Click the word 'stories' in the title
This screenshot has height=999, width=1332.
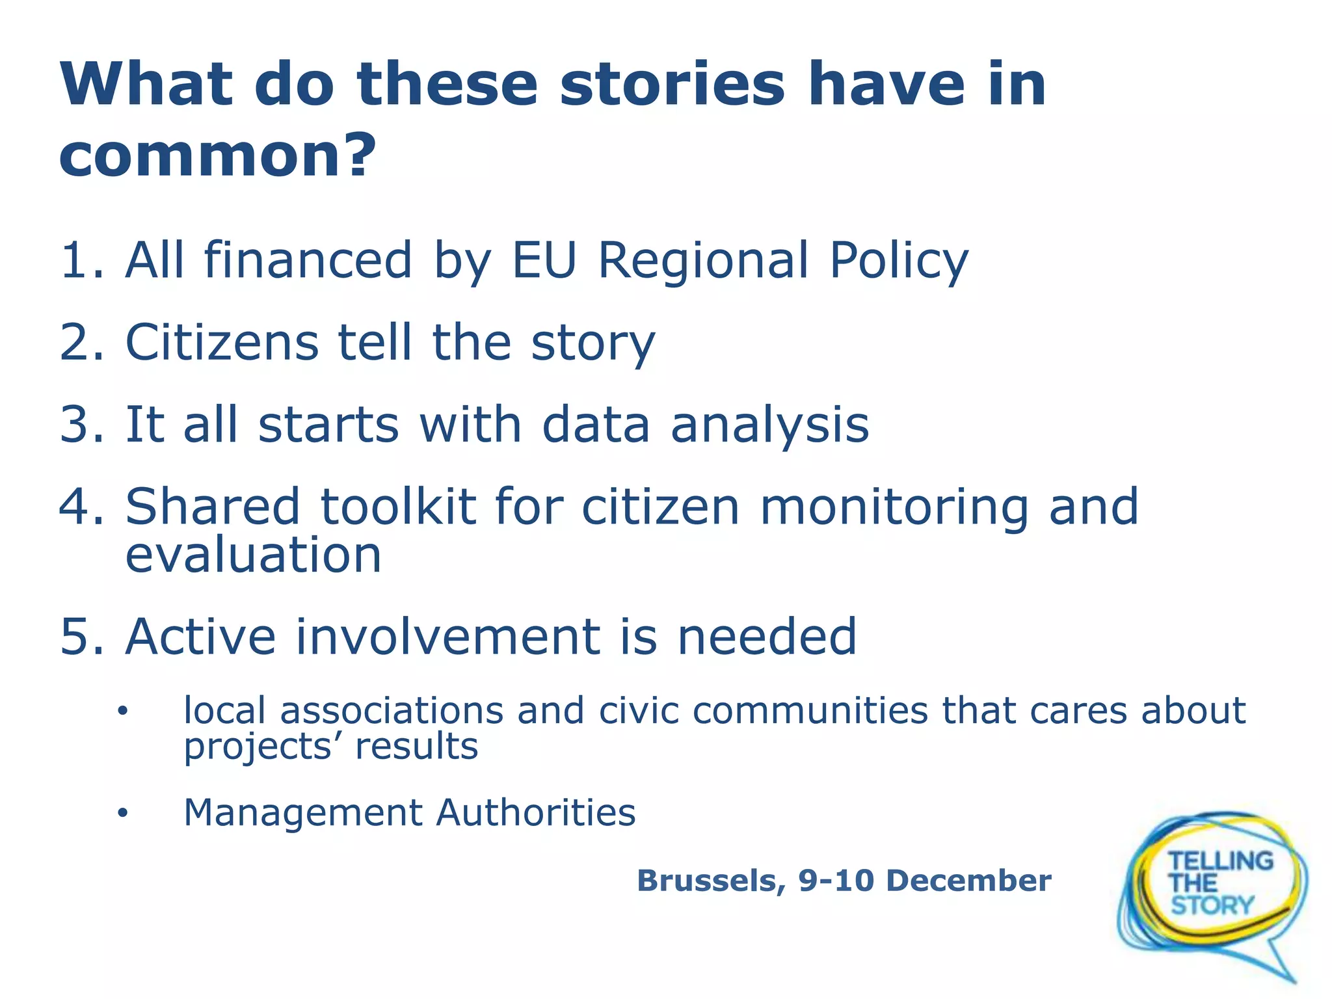pos(673,85)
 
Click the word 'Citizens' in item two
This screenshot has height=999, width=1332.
pos(221,343)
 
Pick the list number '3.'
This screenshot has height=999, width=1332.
pos(82,425)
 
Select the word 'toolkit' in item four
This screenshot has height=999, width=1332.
pos(399,507)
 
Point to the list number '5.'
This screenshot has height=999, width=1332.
pos(82,637)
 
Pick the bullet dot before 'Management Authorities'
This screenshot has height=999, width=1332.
pos(123,814)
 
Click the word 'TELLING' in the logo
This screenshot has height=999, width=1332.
pos(1221,861)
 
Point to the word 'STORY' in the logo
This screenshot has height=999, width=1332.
pos(1212,905)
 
